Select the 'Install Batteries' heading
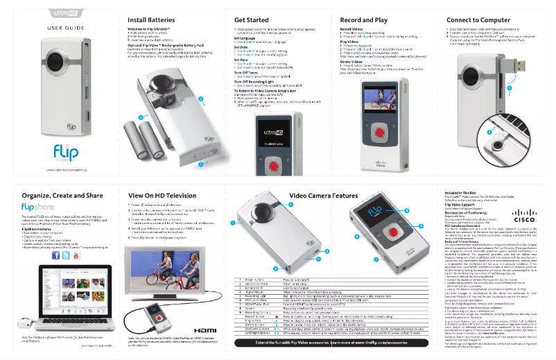pyautogui.click(x=156, y=20)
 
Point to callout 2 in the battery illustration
pyautogui.click(x=201, y=99)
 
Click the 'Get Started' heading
pyautogui.click(x=252, y=20)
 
